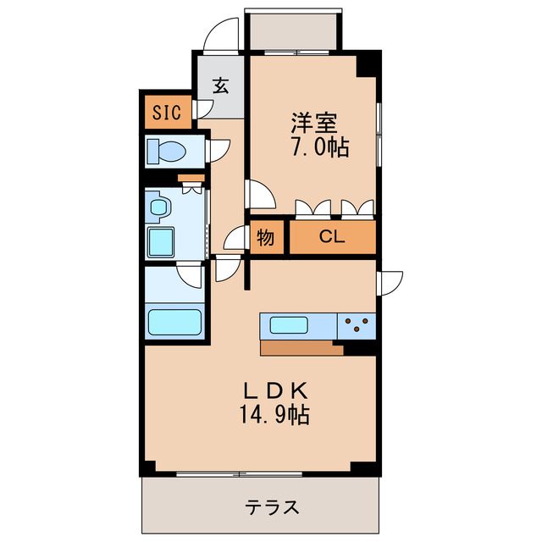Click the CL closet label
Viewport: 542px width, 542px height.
pos(332,238)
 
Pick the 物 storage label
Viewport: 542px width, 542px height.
pos(265,238)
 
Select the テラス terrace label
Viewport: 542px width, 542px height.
pos(272,508)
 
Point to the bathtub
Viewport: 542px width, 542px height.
pos(174,323)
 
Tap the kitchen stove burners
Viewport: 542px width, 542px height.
pos(357,324)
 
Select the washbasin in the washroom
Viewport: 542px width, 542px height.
pos(158,205)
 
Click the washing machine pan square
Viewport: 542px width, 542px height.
pos(161,241)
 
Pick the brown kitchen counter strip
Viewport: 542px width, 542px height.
pos(301,347)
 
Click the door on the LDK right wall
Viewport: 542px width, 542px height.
pos(390,282)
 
